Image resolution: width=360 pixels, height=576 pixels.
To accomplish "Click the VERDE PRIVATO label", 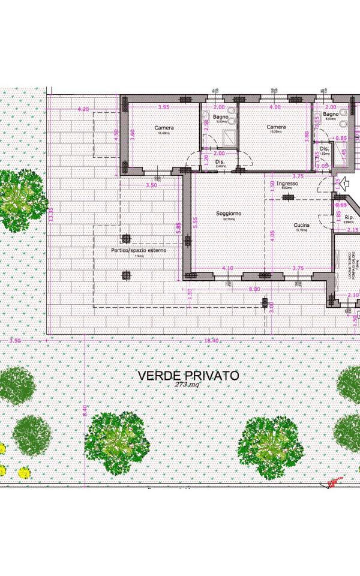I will [188, 376].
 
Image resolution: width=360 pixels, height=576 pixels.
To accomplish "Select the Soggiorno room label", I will [228, 214].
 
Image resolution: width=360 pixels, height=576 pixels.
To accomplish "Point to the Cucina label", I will [301, 226].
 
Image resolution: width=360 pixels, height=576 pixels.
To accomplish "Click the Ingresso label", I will [287, 184].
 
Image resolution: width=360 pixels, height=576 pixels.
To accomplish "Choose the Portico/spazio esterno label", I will [138, 250].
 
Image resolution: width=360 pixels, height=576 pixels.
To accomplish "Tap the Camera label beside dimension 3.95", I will [164, 128].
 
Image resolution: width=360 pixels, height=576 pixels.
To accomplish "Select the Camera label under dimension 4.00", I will [276, 127].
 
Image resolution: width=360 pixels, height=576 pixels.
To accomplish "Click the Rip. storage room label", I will [347, 217].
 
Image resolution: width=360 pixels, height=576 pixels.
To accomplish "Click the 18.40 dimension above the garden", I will [211, 341].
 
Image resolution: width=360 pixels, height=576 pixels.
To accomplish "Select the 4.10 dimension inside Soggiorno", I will [227, 268].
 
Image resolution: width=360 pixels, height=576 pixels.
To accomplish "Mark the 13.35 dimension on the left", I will [52, 213].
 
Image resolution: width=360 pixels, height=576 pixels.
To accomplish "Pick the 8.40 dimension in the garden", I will [85, 410].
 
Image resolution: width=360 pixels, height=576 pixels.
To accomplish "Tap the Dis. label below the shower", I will [220, 162].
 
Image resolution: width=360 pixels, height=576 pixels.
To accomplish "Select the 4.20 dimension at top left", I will [84, 109].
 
